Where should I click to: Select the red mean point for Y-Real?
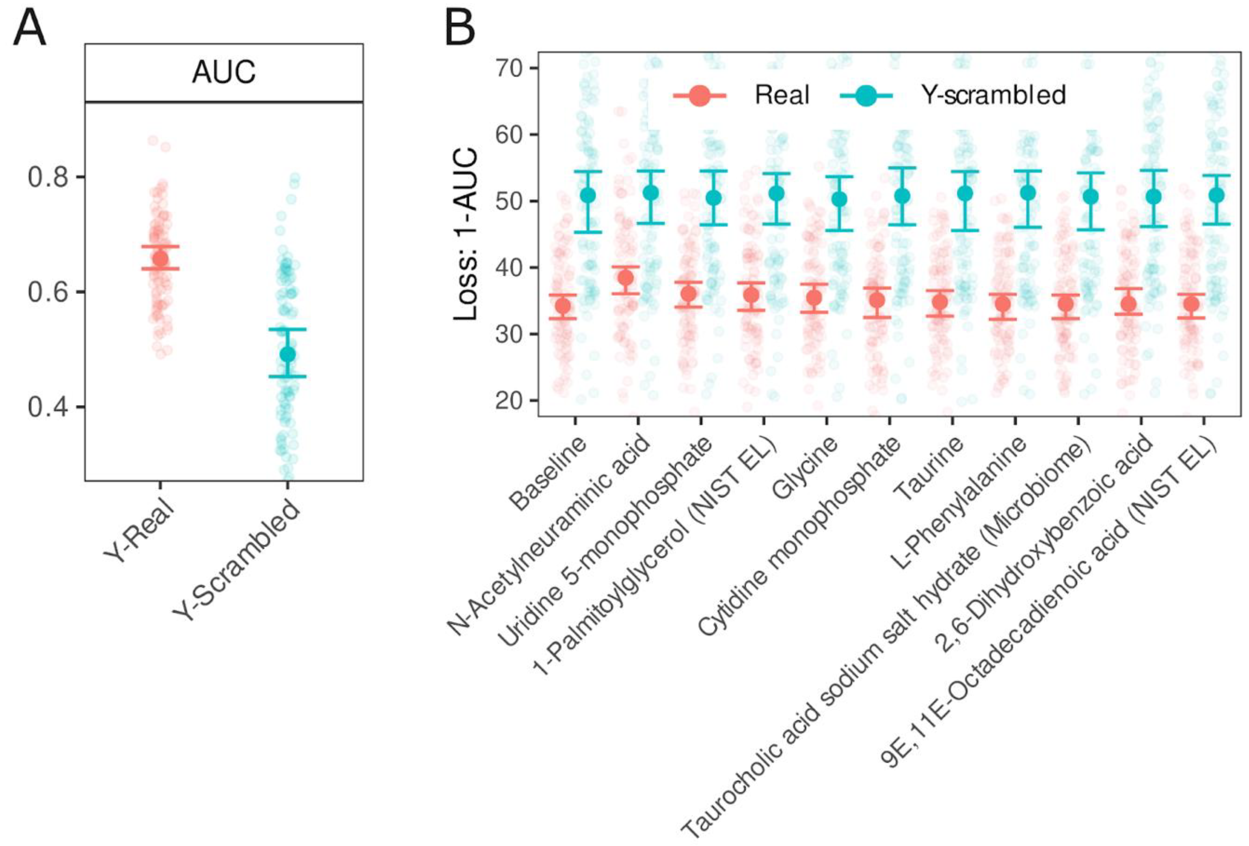pyautogui.click(x=160, y=259)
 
